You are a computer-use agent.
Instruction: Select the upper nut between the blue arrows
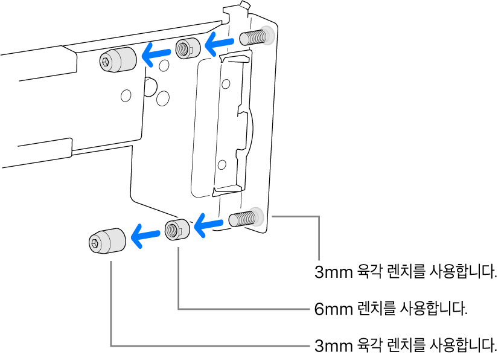coord(187,48)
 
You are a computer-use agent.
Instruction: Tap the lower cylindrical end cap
coord(107,242)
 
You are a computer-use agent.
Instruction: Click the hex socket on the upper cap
coord(107,61)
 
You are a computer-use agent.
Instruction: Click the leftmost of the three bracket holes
coord(126,95)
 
